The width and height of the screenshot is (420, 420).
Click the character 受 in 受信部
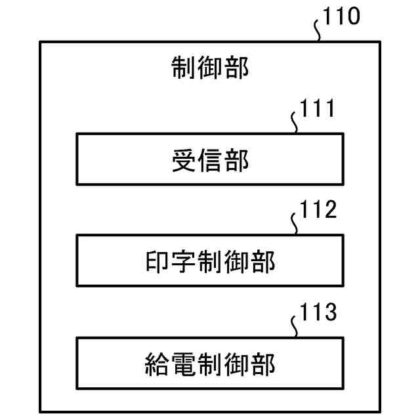point(184,161)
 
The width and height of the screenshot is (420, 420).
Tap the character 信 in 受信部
point(210,161)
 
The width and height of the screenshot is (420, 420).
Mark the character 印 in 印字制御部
point(157,262)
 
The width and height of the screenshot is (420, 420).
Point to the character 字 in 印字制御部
point(184,262)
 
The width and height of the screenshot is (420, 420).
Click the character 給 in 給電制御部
point(157,363)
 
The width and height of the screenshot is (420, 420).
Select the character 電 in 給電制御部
point(184,363)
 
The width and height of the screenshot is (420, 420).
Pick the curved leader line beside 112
point(295,224)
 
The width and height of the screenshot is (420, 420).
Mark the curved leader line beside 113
point(295,325)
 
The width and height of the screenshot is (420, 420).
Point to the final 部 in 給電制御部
point(262,363)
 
